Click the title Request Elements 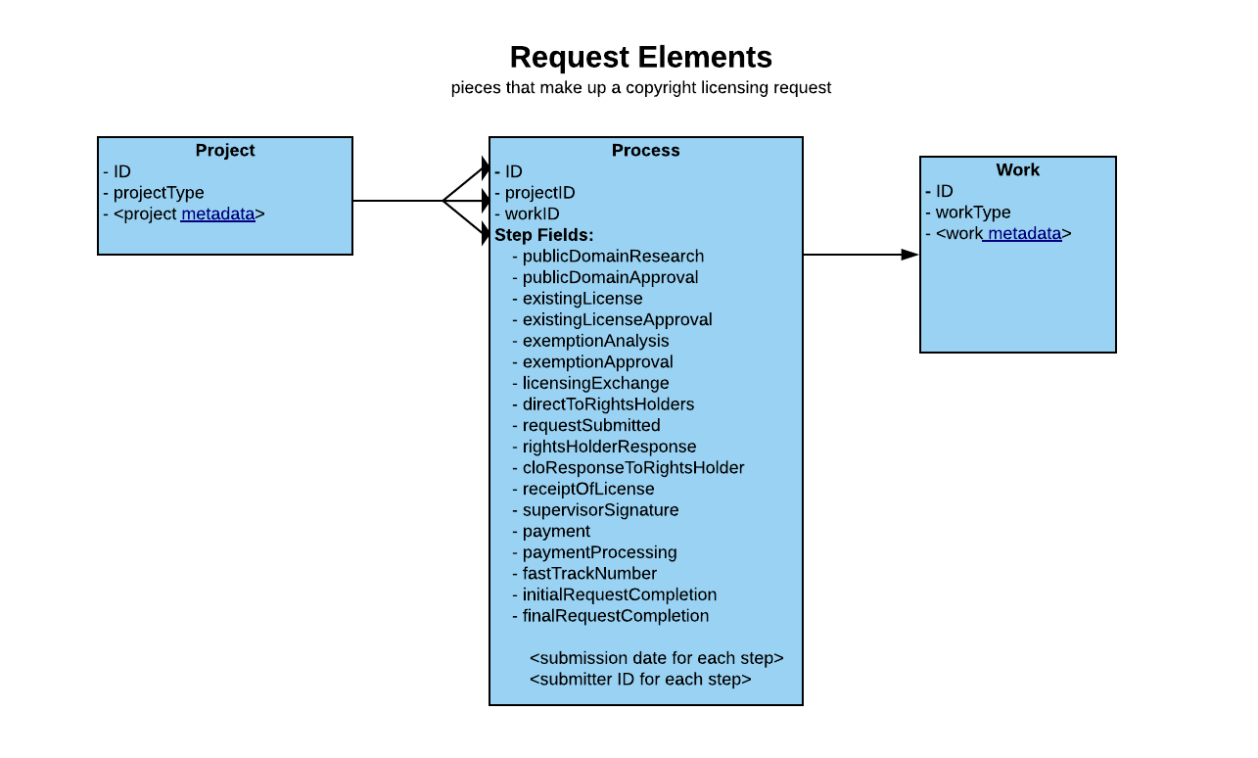[x=640, y=57]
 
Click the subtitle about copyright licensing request [x=640, y=88]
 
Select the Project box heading [x=225, y=151]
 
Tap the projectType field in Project [x=159, y=193]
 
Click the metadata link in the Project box [x=217, y=213]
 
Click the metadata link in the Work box [x=1024, y=234]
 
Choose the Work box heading [x=1017, y=170]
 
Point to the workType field [x=972, y=213]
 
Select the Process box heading [x=645, y=151]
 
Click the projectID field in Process [x=539, y=193]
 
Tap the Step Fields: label [x=544, y=235]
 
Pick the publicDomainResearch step [x=613, y=257]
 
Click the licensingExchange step [x=595, y=384]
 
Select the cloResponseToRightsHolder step [x=632, y=468]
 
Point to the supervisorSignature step [x=600, y=510]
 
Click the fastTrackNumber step [x=589, y=574]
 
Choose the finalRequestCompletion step [x=615, y=616]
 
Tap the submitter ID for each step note [x=640, y=680]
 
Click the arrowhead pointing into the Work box [x=909, y=255]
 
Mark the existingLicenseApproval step [x=617, y=320]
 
